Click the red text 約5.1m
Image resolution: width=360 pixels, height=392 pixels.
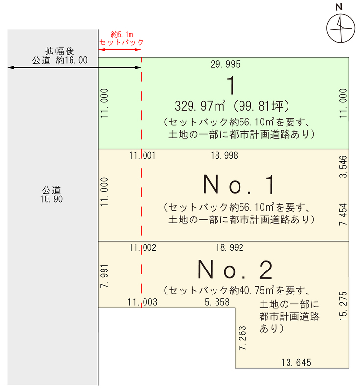pyautogui.click(x=121, y=34)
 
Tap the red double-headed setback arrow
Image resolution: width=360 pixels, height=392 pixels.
pyautogui.click(x=120, y=49)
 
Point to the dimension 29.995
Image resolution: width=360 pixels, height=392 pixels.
pyautogui.click(x=225, y=64)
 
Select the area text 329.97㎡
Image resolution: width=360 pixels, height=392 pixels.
pyautogui.click(x=200, y=106)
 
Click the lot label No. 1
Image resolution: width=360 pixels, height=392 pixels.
pyautogui.click(x=239, y=185)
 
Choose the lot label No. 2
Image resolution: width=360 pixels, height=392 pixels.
pyautogui.click(x=235, y=269)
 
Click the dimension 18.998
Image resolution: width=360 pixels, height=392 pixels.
pyautogui.click(x=224, y=156)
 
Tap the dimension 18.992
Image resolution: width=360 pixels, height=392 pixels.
pyautogui.click(x=230, y=248)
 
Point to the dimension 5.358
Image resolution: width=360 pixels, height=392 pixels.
pyautogui.click(x=217, y=302)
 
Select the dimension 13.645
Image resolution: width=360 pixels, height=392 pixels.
pyautogui.click(x=296, y=362)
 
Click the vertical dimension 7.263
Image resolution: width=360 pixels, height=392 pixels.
pyautogui.click(x=242, y=338)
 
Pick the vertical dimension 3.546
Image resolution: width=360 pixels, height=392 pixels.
pyautogui.click(x=343, y=167)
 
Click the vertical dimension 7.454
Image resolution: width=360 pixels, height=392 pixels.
pyautogui.click(x=343, y=215)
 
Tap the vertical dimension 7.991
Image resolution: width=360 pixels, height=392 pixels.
pyautogui.click(x=104, y=276)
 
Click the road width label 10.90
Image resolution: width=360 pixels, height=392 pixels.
pyautogui.click(x=51, y=199)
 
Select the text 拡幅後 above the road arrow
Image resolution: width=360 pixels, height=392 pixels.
pyautogui.click(x=60, y=51)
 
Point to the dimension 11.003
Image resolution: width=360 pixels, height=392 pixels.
pyautogui.click(x=143, y=302)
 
